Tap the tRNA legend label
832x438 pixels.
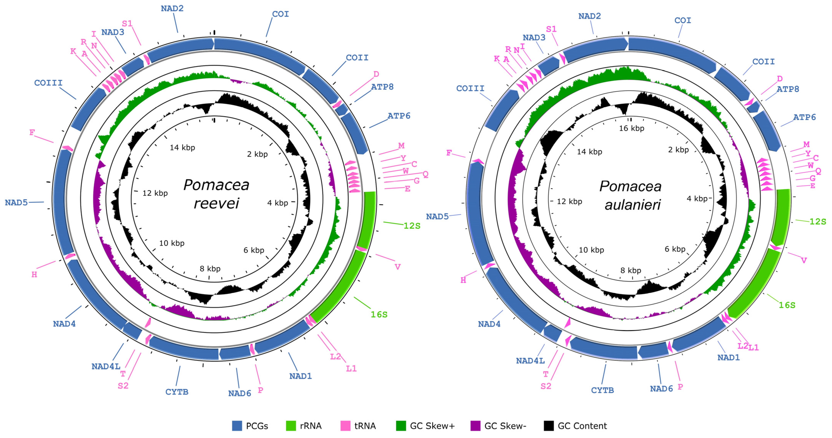[365, 426]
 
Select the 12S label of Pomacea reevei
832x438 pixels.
[412, 226]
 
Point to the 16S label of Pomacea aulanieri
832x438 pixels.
[787, 305]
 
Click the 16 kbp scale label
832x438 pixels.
[631, 129]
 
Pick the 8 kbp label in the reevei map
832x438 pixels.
[210, 269]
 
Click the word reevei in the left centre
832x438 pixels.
[216, 203]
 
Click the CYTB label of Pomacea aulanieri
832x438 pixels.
[602, 390]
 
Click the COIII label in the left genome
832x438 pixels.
[48, 83]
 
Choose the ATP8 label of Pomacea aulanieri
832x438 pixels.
[788, 89]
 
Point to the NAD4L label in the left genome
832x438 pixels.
[106, 366]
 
